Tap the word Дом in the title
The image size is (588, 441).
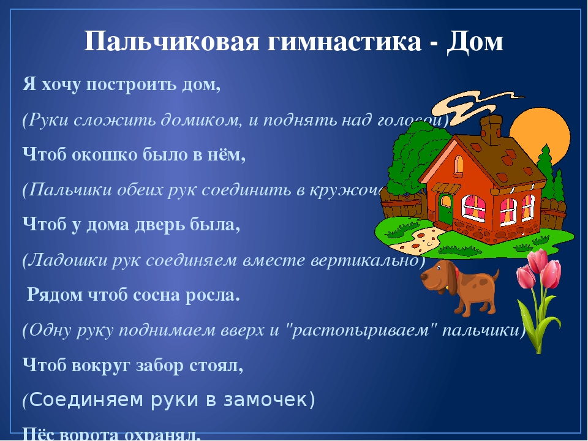pyautogui.click(x=475, y=42)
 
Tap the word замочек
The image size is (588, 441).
pyautogui.click(x=270, y=400)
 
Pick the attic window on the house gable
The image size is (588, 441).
pyautogui.click(x=459, y=164)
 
